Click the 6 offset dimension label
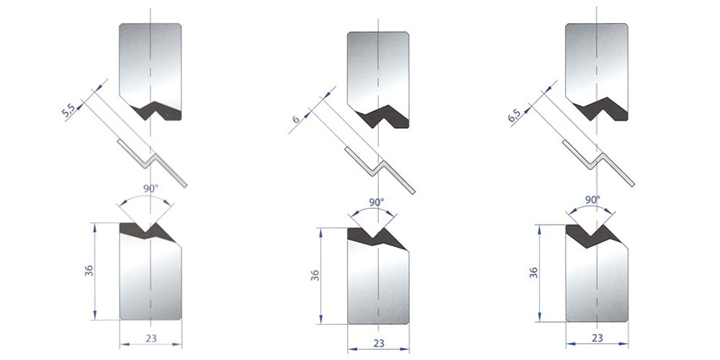tap(296, 119)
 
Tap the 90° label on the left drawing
tap(150, 187)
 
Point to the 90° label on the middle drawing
tap(376, 201)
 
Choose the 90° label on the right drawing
tap(593, 199)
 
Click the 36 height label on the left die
tap(89, 271)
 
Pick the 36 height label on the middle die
tap(315, 275)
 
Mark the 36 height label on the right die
tap(534, 273)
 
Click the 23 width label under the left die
tap(151, 338)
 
